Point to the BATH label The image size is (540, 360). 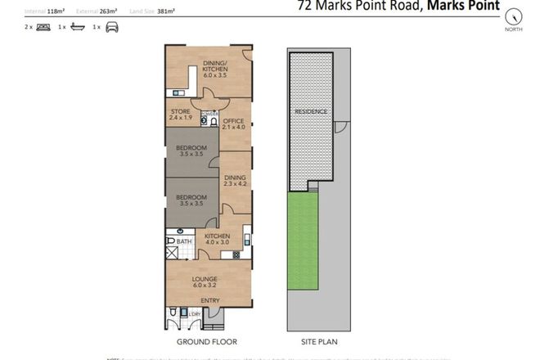pyautogui.click(x=183, y=241)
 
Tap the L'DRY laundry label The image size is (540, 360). pyautogui.click(x=195, y=313)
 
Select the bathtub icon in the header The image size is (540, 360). pyautogui.click(x=77, y=27)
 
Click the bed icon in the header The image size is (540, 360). pyautogui.click(x=41, y=27)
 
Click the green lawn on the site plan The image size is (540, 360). pyautogui.click(x=303, y=241)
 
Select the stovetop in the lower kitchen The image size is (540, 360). pyautogui.click(x=236, y=255)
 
